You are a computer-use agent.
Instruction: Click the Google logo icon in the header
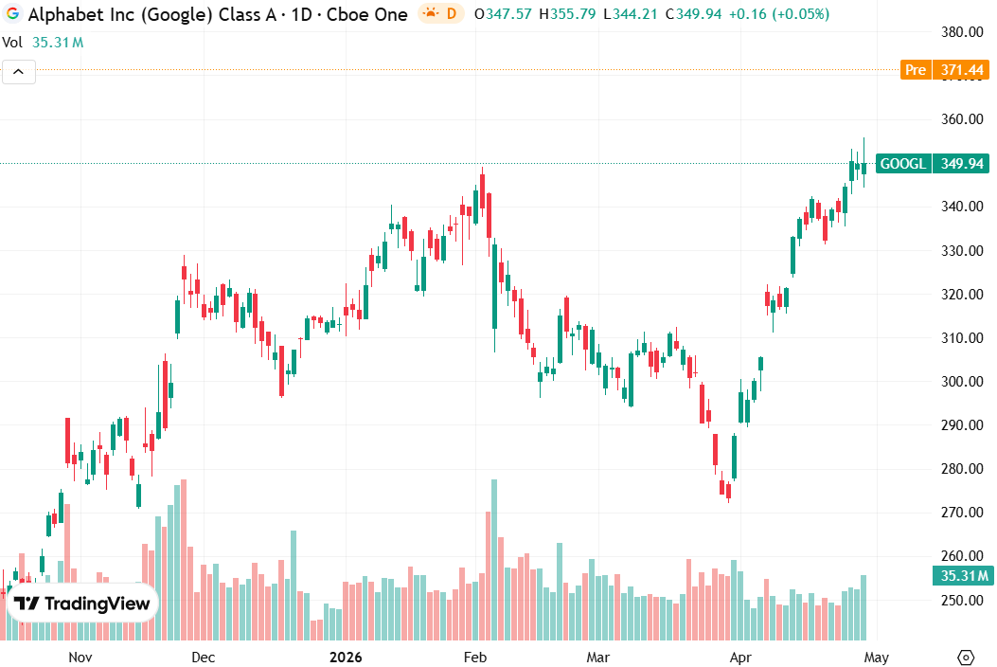(x=13, y=14)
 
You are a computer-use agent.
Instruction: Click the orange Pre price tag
(x=916, y=70)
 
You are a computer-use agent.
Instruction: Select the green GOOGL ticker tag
(x=903, y=164)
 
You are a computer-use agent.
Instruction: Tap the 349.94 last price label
(x=960, y=164)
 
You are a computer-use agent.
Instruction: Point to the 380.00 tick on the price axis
(x=959, y=32)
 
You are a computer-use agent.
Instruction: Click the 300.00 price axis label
(x=959, y=382)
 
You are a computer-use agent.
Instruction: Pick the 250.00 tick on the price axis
(x=959, y=600)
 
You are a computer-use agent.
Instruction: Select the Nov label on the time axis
(x=80, y=657)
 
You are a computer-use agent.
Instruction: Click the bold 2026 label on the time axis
(x=347, y=657)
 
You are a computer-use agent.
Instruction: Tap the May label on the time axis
(x=876, y=657)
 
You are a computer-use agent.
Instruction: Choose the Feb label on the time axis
(x=473, y=657)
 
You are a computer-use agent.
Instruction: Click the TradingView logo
(x=82, y=604)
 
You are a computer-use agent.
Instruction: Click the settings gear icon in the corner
(x=966, y=657)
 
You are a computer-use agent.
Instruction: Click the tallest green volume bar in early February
(x=494, y=559)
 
